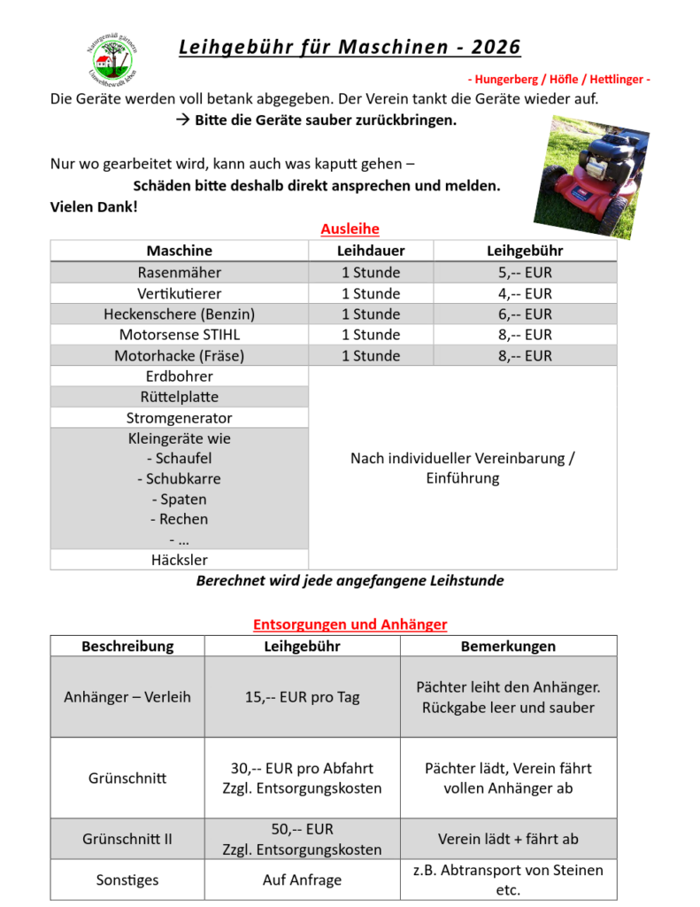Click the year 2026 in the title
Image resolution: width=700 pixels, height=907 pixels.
[496, 47]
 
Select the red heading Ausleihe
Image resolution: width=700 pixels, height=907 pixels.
[350, 229]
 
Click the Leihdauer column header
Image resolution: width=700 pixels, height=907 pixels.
[371, 251]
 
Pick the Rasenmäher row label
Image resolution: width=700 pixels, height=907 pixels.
[180, 272]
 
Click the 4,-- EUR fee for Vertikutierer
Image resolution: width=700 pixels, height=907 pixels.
[525, 293]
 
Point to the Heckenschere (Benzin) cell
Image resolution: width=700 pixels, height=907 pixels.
[180, 314]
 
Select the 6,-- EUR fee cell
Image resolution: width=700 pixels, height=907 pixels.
[525, 314]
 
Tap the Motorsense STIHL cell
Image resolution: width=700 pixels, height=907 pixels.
[180, 335]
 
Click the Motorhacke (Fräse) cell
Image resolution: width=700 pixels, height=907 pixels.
[180, 356]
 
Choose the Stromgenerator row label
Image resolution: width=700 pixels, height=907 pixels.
[180, 418]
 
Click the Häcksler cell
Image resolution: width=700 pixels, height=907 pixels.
[180, 560]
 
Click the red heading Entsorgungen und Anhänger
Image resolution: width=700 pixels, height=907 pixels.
[350, 624]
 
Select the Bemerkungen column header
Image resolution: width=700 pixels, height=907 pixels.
[508, 646]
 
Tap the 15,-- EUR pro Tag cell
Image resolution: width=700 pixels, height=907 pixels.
[303, 697]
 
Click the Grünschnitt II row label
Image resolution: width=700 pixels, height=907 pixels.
[127, 839]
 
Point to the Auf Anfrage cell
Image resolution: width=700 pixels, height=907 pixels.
[303, 880]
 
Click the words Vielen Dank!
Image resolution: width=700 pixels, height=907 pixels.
[94, 206]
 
